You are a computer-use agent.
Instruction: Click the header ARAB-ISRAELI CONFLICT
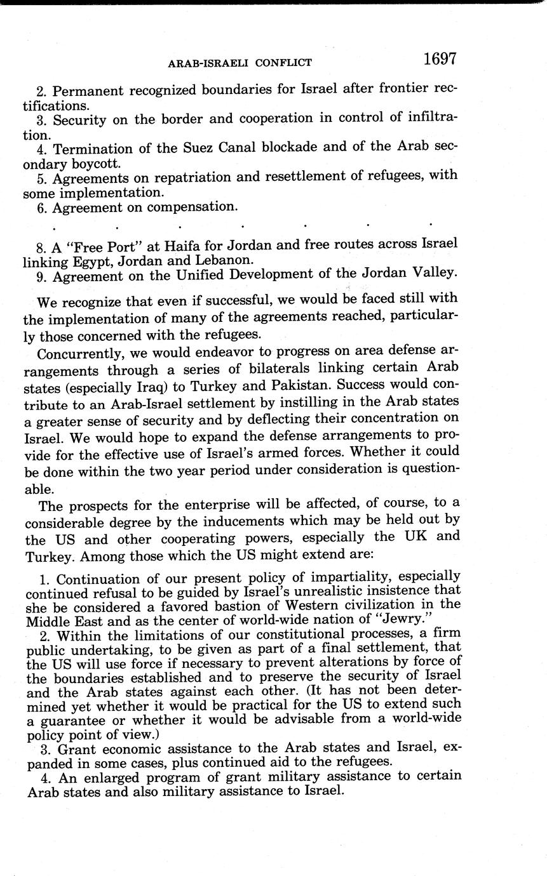pyautogui.click(x=239, y=62)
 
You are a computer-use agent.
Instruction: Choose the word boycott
pyautogui.click(x=95, y=163)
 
